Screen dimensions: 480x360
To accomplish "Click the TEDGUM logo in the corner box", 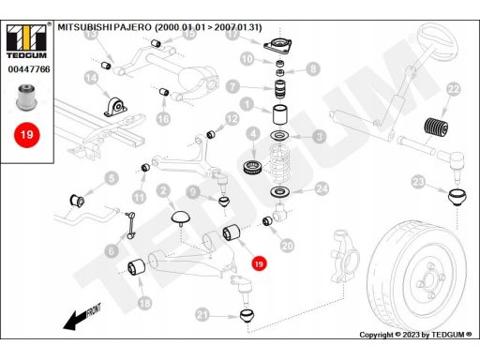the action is [x=26, y=41].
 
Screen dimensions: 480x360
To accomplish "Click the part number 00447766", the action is [x=29, y=69].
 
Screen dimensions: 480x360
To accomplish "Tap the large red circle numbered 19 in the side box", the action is [x=27, y=135].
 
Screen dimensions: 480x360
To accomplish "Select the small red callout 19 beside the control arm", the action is [x=259, y=264].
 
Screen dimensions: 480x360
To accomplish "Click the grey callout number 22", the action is [x=454, y=89].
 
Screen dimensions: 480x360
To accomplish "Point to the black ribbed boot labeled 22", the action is [x=436, y=127].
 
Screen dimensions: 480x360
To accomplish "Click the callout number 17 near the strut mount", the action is [x=232, y=34].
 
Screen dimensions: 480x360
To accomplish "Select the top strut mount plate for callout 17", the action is [x=277, y=47].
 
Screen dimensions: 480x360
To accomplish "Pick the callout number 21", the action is [x=202, y=315].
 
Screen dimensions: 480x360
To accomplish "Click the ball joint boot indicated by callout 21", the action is [x=247, y=315].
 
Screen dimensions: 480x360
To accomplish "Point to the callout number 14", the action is [x=91, y=78].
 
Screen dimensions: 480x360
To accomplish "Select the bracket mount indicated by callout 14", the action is [x=115, y=107].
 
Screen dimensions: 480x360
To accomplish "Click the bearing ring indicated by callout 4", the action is [x=253, y=168].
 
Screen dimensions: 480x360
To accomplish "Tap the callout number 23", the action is [x=418, y=182].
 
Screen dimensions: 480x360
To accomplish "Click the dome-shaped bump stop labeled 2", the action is [x=180, y=217].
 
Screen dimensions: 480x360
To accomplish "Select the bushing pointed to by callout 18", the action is [x=136, y=267].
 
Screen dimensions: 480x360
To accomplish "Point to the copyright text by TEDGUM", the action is [x=415, y=335].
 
